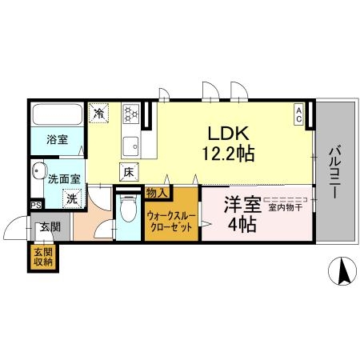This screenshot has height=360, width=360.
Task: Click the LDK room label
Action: pyautogui.click(x=228, y=134)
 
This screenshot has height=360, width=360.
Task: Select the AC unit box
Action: pyautogui.click(x=299, y=114)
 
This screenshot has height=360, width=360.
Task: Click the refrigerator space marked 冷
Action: pyautogui.click(x=98, y=114)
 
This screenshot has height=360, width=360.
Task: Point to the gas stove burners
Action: pyautogui.click(x=130, y=113)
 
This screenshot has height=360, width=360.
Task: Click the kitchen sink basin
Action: pyautogui.click(x=130, y=146)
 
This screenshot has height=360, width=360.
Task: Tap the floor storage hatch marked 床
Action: pyautogui.click(x=129, y=172)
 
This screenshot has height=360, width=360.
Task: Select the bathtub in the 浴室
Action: pyautogui.click(x=58, y=114)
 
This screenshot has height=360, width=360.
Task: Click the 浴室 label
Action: pyautogui.click(x=58, y=139)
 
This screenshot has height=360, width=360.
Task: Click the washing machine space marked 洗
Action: pyautogui.click(x=72, y=198)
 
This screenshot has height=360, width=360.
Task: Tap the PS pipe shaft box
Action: pyautogui.click(x=36, y=205)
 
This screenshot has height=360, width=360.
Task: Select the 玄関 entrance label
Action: pyautogui.click(x=50, y=227)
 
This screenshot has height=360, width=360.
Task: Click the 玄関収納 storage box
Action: pyautogui.click(x=43, y=258)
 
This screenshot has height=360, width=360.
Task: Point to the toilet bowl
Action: pyautogui.click(x=128, y=208)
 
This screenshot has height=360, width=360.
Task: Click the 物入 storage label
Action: pyautogui.click(x=157, y=193)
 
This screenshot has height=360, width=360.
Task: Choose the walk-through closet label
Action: pyautogui.click(x=171, y=221)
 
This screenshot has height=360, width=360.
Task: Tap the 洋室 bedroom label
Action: pyautogui.click(x=242, y=204)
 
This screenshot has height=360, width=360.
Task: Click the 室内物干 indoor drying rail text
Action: pyautogui.click(x=286, y=207)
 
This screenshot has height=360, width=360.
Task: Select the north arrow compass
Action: pyautogui.click(x=342, y=271)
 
